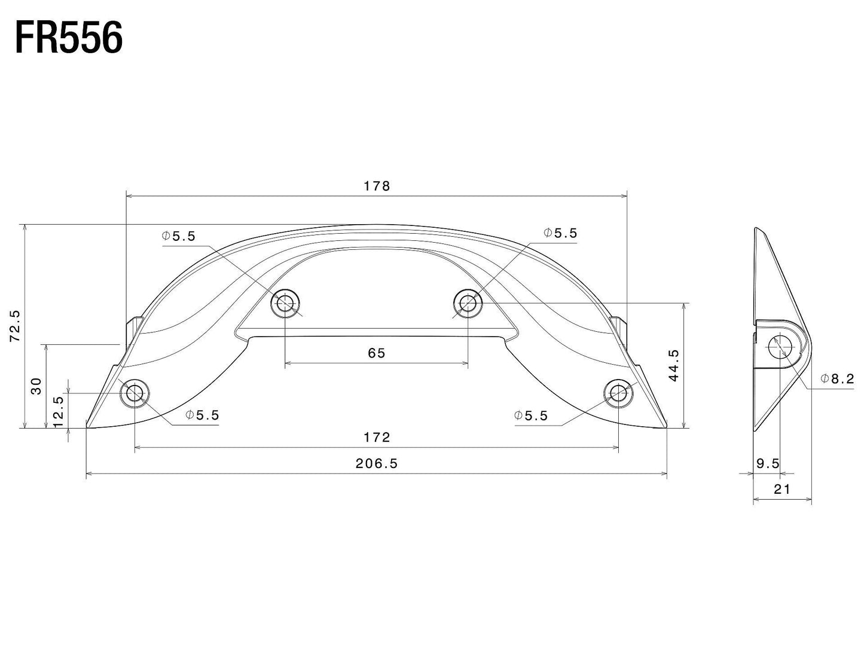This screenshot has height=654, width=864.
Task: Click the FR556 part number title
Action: tap(68, 38)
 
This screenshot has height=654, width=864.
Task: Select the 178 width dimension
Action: tap(377, 186)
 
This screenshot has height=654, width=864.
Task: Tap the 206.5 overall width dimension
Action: tap(377, 463)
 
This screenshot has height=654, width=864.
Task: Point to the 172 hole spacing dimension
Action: tap(377, 438)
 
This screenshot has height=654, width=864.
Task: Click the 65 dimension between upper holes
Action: tap(377, 353)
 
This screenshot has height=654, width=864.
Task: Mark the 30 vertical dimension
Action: tap(36, 386)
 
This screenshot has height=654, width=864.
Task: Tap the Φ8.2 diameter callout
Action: tap(837, 378)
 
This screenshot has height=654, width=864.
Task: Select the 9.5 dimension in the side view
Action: tap(768, 463)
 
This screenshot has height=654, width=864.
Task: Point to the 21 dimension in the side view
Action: tap(782, 490)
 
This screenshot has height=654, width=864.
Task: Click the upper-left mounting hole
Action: tap(285, 304)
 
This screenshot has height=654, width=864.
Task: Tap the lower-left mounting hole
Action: tap(135, 393)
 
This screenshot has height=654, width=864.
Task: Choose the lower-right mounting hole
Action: tap(618, 393)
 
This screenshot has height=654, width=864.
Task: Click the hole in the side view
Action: tap(780, 347)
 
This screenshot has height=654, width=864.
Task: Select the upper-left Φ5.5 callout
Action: tap(178, 236)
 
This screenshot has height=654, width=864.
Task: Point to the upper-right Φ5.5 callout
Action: tap(560, 233)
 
